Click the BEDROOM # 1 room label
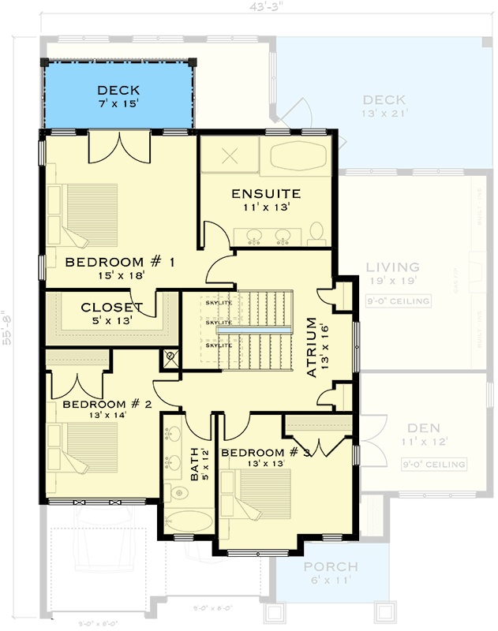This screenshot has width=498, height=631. [120, 262]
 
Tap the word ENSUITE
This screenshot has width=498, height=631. [265, 193]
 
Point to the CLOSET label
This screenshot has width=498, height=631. [111, 307]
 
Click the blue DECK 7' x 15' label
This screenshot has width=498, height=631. [118, 90]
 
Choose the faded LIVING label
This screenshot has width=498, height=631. [392, 267]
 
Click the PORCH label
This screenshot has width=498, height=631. [331, 567]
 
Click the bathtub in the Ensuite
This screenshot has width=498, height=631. [300, 156]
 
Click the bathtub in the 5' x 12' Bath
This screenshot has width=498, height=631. [189, 521]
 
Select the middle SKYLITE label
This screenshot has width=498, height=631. [219, 323]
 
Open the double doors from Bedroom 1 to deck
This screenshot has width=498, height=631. [118, 147]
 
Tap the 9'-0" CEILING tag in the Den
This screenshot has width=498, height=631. [433, 464]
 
